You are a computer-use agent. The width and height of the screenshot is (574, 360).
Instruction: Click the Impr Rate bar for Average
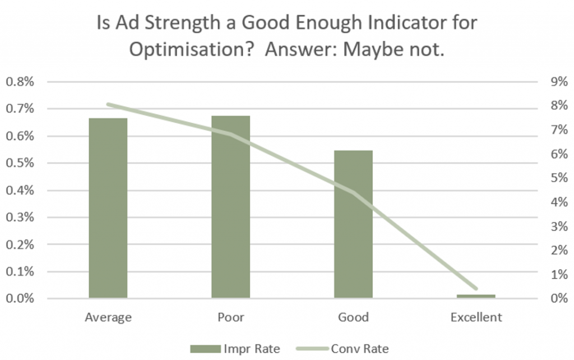point(108,208)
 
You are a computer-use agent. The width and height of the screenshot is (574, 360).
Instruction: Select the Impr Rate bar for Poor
point(230,207)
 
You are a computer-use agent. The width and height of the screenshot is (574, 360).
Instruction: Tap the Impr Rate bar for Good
point(353,224)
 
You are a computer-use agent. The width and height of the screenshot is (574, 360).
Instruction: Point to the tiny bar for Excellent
point(476,296)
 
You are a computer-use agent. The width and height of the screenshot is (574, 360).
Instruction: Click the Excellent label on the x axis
point(476,317)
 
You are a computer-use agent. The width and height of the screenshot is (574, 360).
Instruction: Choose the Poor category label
point(230,317)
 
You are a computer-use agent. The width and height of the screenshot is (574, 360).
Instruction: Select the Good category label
point(353,317)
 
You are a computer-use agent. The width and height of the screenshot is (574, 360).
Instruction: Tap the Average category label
point(108,317)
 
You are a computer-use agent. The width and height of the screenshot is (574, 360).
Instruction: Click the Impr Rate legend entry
point(235,349)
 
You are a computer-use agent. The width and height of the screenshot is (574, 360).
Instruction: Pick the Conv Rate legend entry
point(342,349)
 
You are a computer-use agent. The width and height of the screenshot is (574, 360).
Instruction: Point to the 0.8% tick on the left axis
point(20,82)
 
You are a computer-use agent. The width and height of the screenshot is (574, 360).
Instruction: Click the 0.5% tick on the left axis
point(20,163)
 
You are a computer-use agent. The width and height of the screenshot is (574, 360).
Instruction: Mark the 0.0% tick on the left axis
point(20,298)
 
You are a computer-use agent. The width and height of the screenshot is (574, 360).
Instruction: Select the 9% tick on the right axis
point(559,82)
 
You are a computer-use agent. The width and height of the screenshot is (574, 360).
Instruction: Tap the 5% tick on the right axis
point(559,178)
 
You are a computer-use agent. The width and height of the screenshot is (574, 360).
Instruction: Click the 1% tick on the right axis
point(559,274)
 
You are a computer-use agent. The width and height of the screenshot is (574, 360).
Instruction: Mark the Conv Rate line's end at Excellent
point(476,289)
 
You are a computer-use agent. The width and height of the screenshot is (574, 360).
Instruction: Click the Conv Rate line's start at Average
point(108,104)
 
